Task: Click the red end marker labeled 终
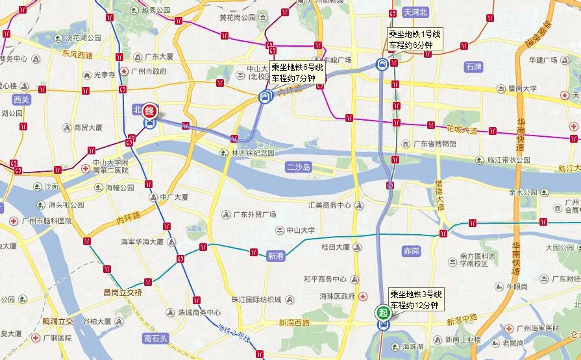coord(150,111)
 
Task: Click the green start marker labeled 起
coord(384,313)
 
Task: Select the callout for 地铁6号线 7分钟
coord(297,73)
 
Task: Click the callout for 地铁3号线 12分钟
coord(415,299)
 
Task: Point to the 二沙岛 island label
coord(299,167)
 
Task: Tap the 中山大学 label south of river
coord(300,230)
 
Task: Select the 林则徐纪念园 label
coord(253,153)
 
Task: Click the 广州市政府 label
coord(151,71)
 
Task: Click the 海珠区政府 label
coord(337,296)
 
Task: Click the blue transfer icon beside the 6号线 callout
coord(264,97)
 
